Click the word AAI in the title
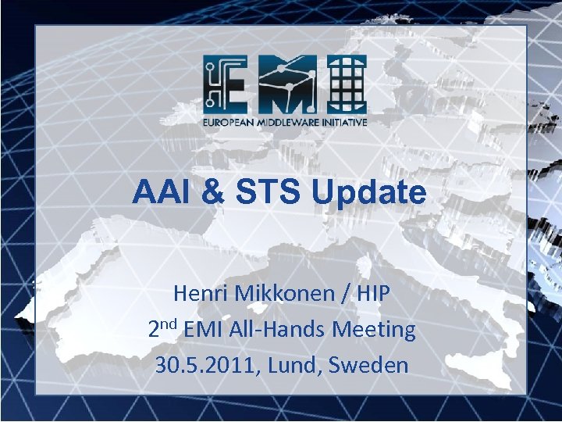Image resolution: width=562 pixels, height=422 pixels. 159,191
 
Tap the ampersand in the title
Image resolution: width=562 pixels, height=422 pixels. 208,191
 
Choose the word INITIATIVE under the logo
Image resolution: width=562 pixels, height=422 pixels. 343,122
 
